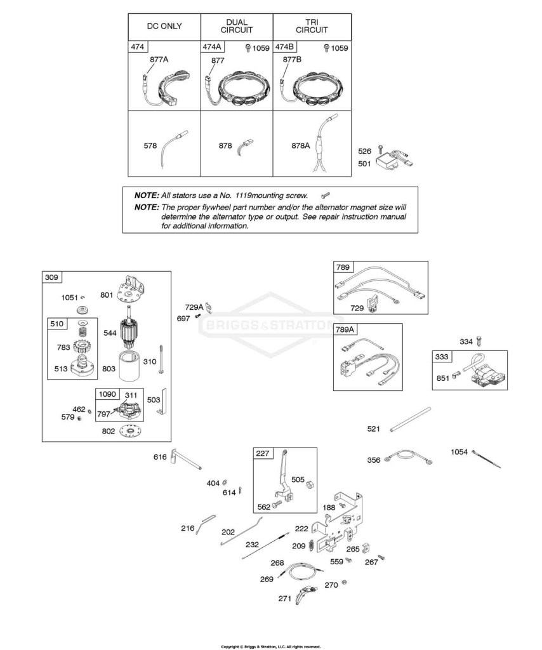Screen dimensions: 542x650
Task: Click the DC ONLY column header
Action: click(x=164, y=26)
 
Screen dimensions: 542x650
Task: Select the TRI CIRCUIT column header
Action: click(x=312, y=26)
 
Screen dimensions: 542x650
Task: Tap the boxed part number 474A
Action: click(x=211, y=47)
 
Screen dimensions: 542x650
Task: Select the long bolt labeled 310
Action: click(x=161, y=359)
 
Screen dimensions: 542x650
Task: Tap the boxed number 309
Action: click(x=51, y=277)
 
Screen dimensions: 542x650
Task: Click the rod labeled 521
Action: click(x=410, y=420)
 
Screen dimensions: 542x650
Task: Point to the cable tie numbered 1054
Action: click(x=486, y=460)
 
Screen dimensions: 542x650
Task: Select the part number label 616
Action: click(x=160, y=457)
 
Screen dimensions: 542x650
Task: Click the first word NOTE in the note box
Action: click(x=147, y=196)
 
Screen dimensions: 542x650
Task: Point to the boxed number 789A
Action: click(x=345, y=329)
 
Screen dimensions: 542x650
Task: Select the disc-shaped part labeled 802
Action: click(x=131, y=432)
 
